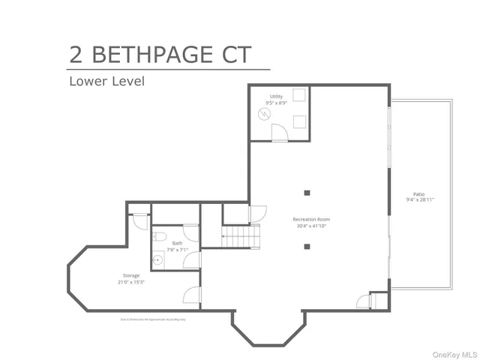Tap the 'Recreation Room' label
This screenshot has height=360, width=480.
(311, 219)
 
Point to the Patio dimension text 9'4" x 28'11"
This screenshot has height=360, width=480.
(420, 199)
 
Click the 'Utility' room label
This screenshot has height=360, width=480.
(277, 97)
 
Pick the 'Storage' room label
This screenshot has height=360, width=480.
(131, 275)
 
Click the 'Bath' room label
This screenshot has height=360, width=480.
(177, 243)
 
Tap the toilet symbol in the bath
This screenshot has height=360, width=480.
(160, 238)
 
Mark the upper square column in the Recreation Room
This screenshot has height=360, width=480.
(307, 190)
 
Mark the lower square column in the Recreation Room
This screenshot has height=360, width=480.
(307, 246)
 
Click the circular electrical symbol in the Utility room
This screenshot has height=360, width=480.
(264, 114)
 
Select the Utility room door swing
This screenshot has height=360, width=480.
(278, 133)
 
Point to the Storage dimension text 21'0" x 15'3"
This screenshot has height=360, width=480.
(131, 282)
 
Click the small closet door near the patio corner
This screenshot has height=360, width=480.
(364, 301)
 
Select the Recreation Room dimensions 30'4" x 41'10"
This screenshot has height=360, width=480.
(311, 226)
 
